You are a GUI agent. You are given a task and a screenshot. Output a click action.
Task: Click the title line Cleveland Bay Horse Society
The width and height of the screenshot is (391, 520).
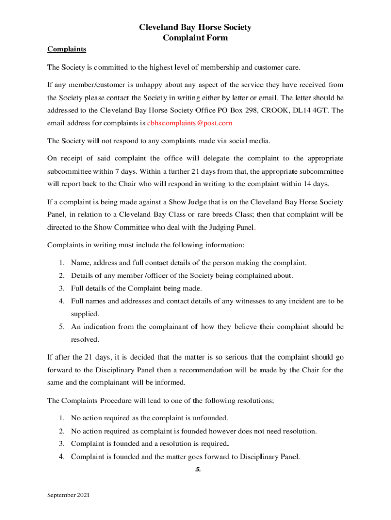coord(195,27)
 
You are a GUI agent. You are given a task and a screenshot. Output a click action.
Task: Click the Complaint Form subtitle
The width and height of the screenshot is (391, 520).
coord(195,38)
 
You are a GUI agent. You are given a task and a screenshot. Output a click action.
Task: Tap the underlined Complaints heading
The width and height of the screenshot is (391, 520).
coord(67,49)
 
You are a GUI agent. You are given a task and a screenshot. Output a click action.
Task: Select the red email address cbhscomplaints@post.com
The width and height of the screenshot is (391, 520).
coord(190,123)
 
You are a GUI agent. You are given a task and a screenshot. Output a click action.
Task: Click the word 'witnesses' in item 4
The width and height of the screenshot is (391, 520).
coord(240,301)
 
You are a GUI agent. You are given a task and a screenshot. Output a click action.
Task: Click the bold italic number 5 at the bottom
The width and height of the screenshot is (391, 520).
coord(198,469)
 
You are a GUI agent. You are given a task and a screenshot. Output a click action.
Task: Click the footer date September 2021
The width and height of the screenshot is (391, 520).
coord(69,495)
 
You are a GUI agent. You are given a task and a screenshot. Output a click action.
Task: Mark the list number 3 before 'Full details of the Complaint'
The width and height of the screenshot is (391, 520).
coord(60,288)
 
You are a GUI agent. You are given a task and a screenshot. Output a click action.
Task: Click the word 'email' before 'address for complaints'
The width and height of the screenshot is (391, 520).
coord(56,123)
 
